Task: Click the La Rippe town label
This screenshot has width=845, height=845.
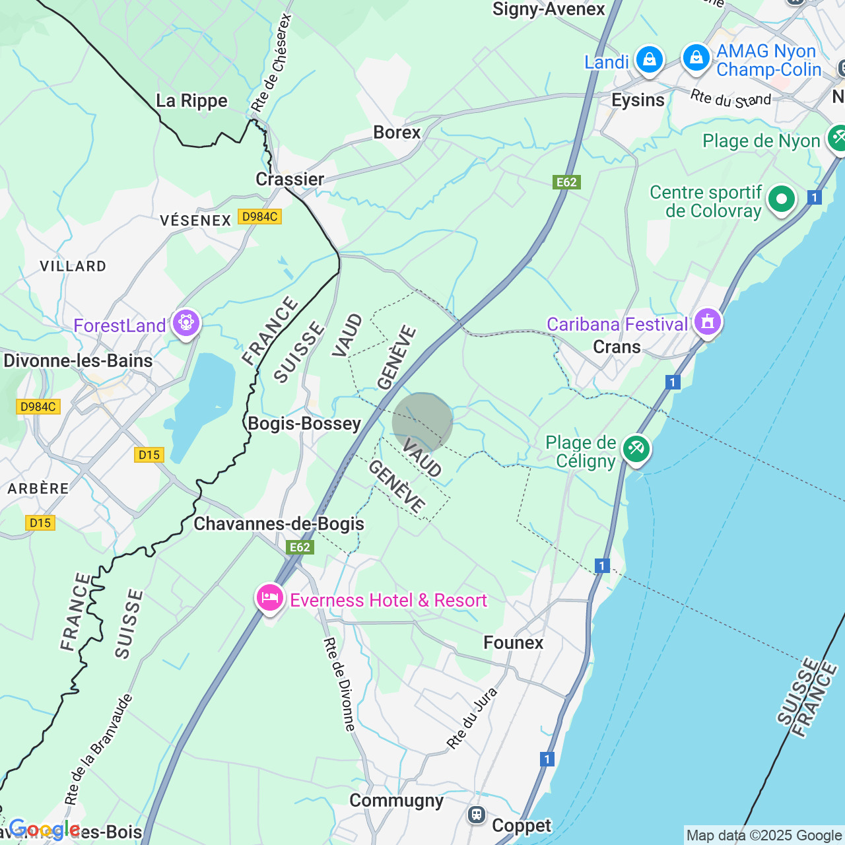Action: pos(191,101)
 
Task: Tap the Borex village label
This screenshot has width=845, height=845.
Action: pos(397,133)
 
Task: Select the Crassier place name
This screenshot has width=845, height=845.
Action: pos(290,180)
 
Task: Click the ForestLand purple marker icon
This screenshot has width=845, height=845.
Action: pos(186,323)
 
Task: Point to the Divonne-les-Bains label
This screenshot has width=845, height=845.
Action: pos(78,361)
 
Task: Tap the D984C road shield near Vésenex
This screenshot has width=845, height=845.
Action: pos(259,217)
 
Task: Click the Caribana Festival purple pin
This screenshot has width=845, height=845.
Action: pos(708,322)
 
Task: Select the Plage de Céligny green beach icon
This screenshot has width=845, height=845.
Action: pos(636,449)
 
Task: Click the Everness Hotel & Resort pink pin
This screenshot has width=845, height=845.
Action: pos(269,598)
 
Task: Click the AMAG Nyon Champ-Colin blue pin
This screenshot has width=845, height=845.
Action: pos(696,58)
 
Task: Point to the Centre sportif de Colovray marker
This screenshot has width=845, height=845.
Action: pos(782,199)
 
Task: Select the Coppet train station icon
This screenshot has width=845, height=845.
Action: pos(477,815)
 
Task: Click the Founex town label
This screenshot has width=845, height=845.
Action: pos(514,643)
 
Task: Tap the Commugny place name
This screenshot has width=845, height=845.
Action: pos(396,801)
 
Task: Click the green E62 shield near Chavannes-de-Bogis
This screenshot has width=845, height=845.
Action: pos(300,547)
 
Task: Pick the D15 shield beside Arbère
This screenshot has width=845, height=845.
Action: pos(40,523)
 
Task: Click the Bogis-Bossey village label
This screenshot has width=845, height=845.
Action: pos(304,424)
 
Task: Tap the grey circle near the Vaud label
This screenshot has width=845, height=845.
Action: pos(422,422)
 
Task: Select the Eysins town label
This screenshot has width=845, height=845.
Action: pos(638,100)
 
